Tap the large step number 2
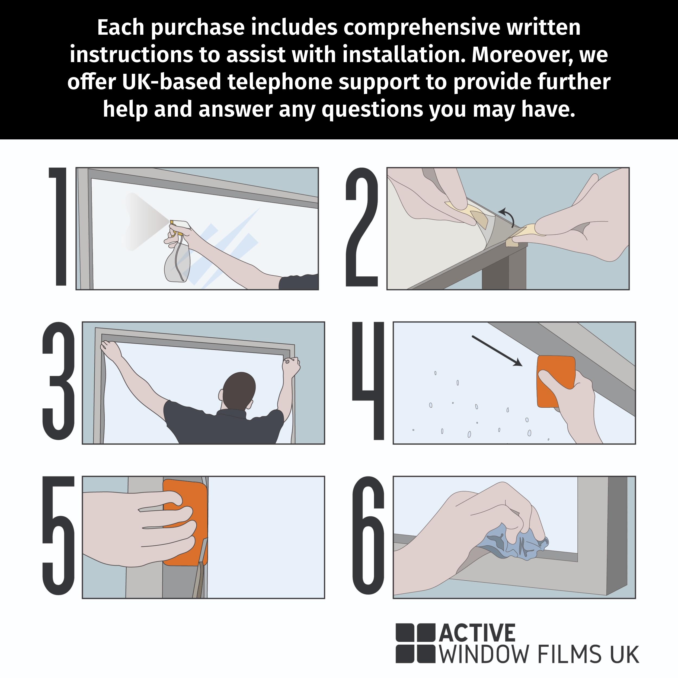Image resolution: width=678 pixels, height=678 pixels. click(362, 227)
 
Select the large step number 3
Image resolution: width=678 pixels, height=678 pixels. click(59, 381)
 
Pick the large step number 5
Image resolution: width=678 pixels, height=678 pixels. click(59, 536)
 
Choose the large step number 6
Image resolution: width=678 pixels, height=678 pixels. click(368, 536)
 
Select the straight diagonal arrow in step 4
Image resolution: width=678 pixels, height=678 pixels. click(497, 351)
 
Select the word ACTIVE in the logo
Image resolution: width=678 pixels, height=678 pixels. click(477, 633)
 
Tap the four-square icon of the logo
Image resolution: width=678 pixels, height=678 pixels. click(415, 643)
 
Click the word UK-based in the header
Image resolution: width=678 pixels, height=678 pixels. click(172, 82)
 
